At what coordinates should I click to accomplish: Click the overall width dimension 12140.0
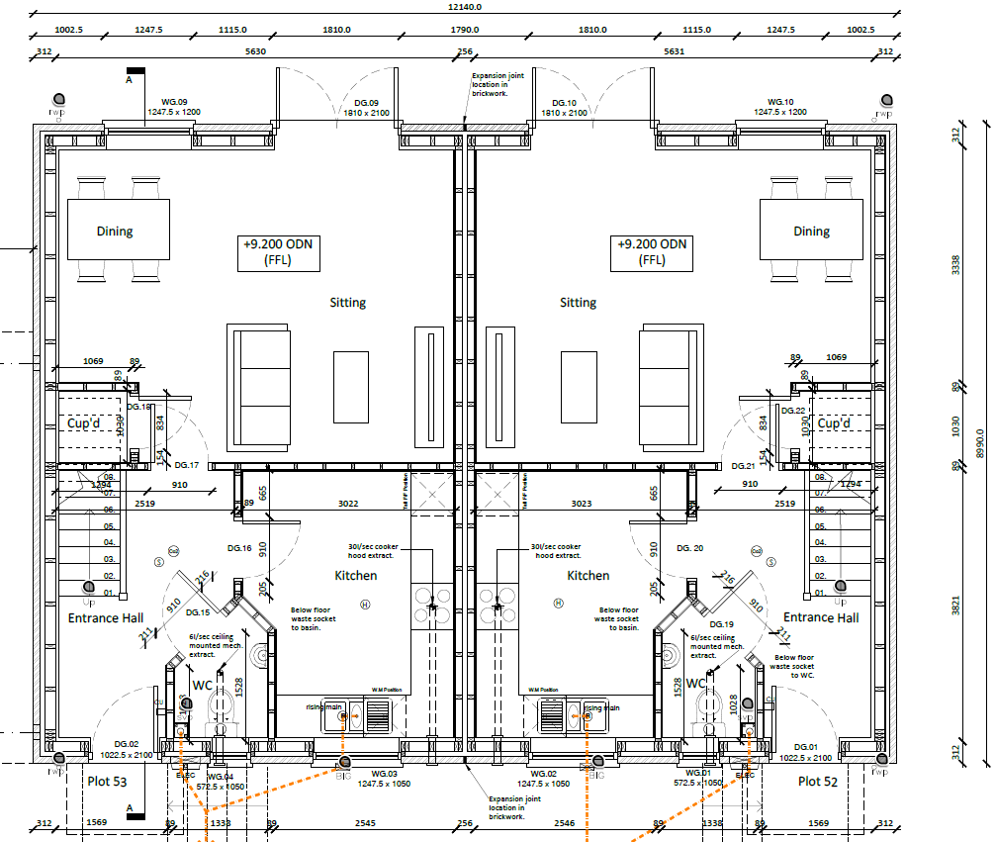coord(465,6)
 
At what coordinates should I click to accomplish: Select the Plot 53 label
coord(107,781)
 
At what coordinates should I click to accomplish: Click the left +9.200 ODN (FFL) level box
coord(279,252)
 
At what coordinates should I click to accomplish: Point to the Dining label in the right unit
coord(811,232)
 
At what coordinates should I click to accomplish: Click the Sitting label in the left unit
coord(347,303)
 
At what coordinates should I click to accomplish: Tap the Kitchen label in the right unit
coord(588,576)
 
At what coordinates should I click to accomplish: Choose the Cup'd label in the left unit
coord(85,423)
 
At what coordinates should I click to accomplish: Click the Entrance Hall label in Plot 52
coord(821,617)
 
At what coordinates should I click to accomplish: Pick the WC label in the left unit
coord(203,685)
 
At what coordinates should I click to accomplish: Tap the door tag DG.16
coord(239,547)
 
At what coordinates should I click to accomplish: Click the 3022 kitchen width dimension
coord(348,504)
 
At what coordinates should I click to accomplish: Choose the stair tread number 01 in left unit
coord(110,593)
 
